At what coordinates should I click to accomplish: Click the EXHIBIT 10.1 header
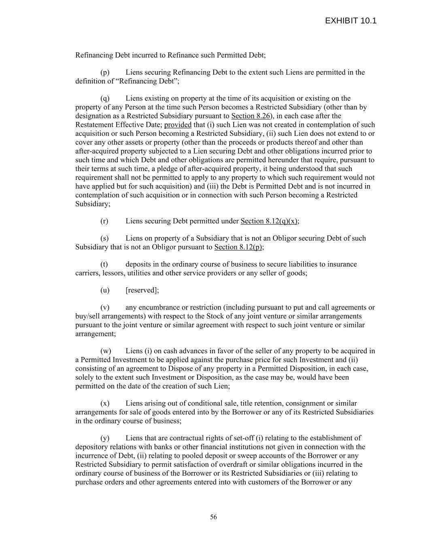[351, 21]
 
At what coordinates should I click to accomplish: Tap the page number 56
[213, 517]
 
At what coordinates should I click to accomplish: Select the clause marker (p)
[105, 73]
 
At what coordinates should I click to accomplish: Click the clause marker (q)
[105, 98]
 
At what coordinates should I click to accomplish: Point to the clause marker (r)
[104, 221]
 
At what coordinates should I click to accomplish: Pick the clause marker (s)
[104, 238]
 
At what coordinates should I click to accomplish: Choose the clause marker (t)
[104, 265]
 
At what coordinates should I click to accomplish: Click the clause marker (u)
[105, 290]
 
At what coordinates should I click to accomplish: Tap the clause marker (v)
[105, 307]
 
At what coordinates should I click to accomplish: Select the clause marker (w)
[106, 351]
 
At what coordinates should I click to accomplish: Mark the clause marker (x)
[105, 404]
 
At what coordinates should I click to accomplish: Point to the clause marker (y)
[105, 438]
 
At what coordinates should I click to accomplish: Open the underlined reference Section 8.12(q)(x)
[269, 221]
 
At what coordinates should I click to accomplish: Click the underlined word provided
[178, 125]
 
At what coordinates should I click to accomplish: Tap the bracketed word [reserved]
[142, 290]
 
